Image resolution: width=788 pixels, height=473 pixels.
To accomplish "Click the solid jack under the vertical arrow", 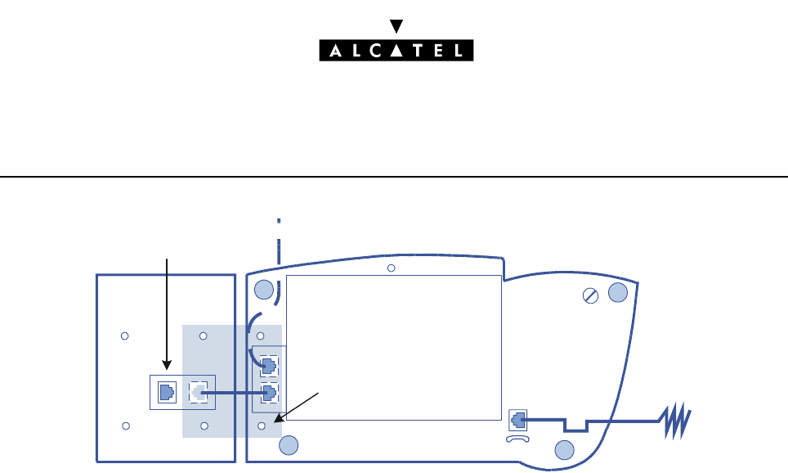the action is coord(166,392).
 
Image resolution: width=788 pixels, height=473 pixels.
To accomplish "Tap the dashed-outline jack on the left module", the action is coord(197,392).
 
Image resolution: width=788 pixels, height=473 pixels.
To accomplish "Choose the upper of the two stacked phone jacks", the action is coord(268,363).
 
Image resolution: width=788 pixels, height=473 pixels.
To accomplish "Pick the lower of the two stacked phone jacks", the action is coord(268,392).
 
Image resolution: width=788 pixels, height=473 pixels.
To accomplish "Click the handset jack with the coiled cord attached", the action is coord(517,420).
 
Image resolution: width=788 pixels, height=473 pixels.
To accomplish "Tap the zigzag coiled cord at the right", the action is coord(675,421).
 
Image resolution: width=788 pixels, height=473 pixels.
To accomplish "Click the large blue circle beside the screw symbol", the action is coord(618,294).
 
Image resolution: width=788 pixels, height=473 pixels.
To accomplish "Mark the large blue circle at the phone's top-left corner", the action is coord(263,289).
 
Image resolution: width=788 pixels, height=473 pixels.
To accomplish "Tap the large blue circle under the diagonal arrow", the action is coord(288,444).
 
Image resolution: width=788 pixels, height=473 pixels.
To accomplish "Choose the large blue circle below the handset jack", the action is coord(563,449).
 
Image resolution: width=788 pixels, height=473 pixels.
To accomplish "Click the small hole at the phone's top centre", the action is coord(391,268).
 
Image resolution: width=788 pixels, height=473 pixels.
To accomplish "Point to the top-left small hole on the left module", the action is coord(125,336).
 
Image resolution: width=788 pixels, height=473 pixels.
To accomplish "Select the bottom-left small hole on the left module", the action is coord(125,426).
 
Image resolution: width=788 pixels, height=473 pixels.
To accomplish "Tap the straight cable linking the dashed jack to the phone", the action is coord(233,393).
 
